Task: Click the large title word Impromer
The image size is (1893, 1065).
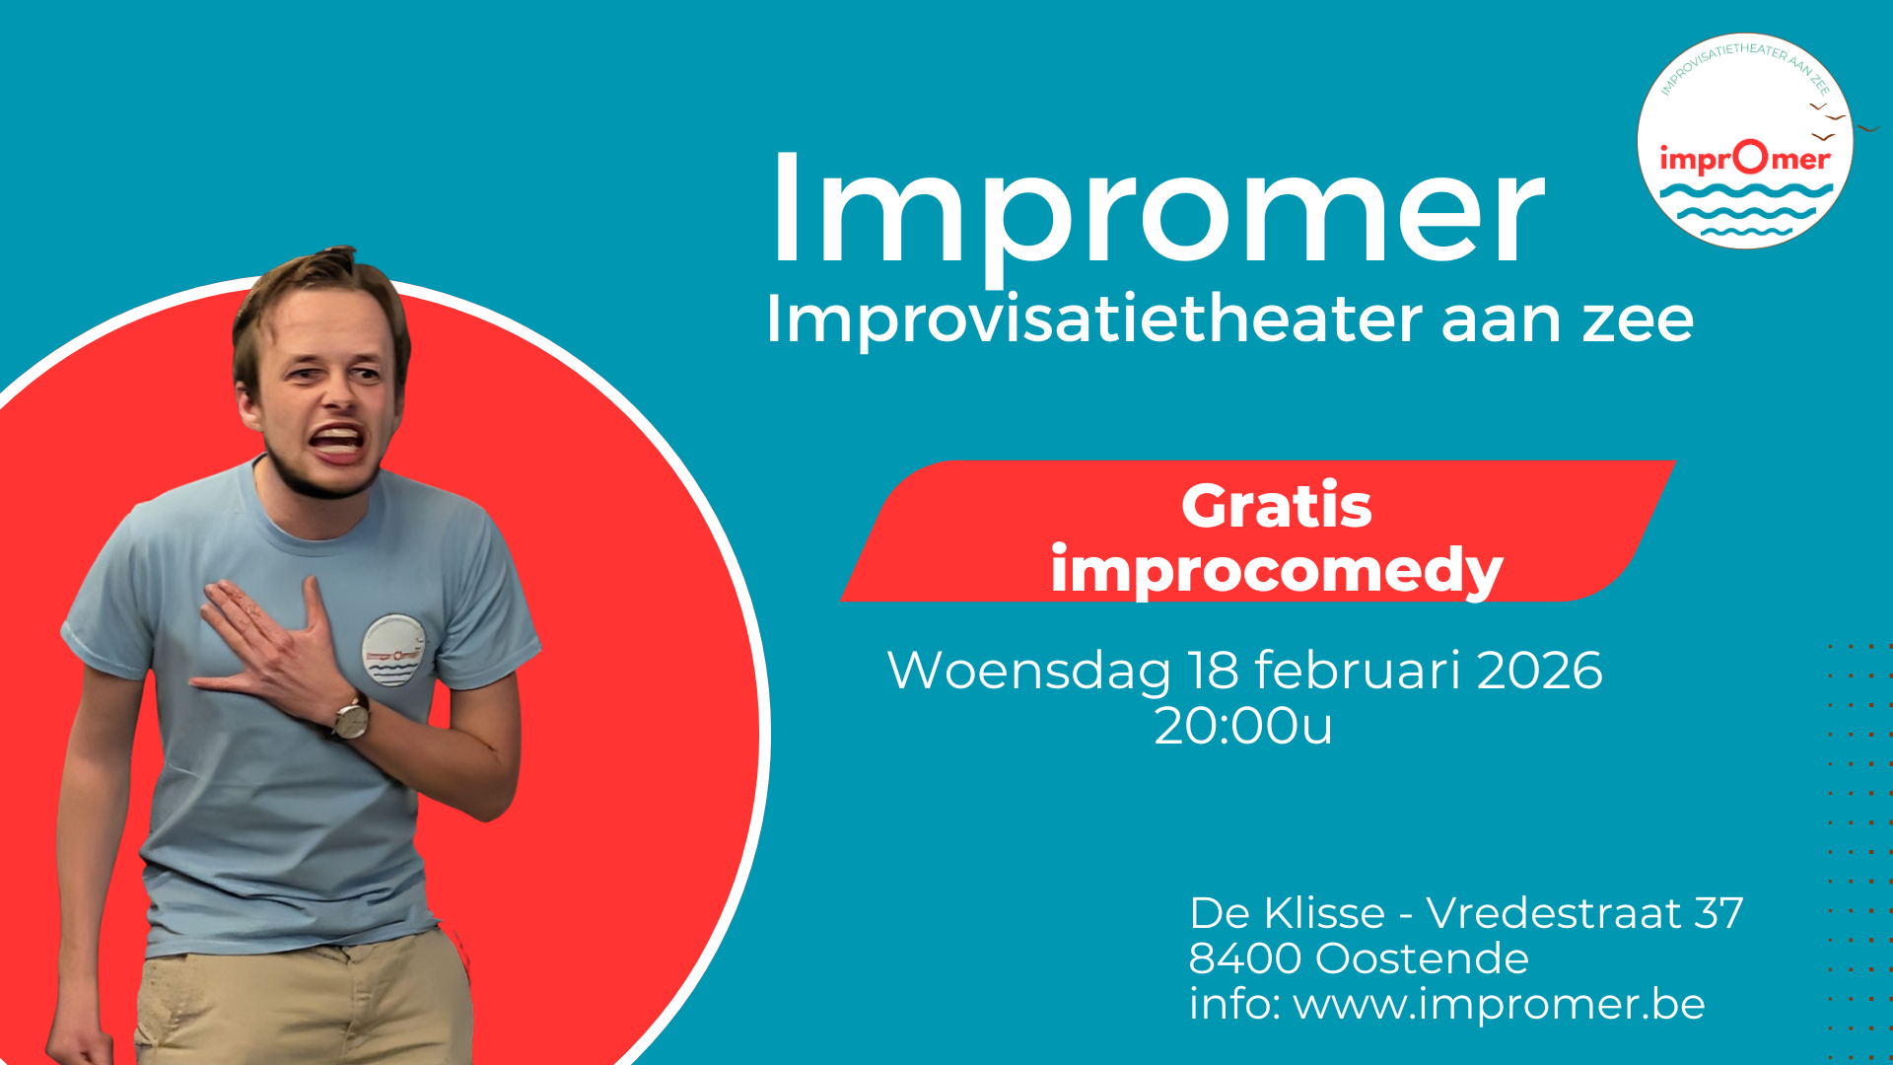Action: click(x=1156, y=209)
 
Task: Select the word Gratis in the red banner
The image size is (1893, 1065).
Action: click(x=1276, y=506)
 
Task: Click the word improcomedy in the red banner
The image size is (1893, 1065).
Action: click(x=1276, y=571)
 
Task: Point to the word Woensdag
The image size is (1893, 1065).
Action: click(x=1028, y=671)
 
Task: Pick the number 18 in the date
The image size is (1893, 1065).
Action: click(x=1213, y=671)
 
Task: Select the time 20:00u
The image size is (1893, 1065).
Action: click(x=1242, y=727)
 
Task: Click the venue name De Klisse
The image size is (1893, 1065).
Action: click(x=1287, y=913)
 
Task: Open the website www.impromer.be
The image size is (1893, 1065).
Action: click(x=1499, y=1004)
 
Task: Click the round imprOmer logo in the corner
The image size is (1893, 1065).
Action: click(x=1744, y=141)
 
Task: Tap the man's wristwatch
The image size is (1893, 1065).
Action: click(x=350, y=717)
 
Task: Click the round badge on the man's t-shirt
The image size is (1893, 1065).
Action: click(x=393, y=651)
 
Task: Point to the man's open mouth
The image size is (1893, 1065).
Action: click(x=336, y=442)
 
